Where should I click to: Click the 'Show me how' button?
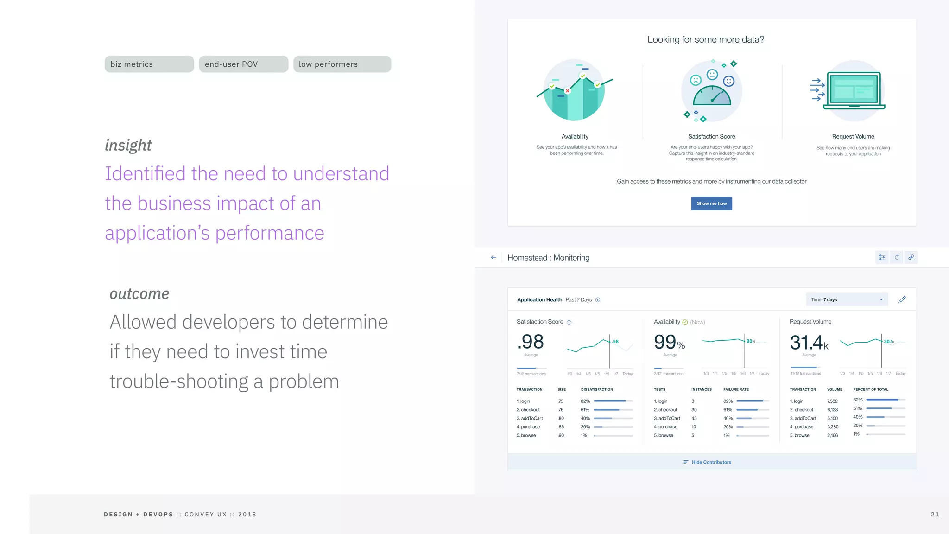coord(711,203)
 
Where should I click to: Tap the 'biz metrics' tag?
coord(149,64)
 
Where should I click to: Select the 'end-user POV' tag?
coord(243,64)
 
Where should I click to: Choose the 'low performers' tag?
coord(342,64)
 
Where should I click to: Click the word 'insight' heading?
coord(128,145)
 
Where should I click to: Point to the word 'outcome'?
coord(139,294)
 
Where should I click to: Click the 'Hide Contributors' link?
coord(711,462)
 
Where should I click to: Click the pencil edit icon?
coord(902,299)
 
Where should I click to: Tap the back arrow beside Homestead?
coord(493,257)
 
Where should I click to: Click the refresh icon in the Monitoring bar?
coord(897,257)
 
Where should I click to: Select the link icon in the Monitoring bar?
coord(911,257)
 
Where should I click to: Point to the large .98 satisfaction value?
coord(531,342)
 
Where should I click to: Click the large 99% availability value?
coord(669,343)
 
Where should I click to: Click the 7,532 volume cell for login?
coord(832,401)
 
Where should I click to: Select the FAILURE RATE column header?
coord(736,389)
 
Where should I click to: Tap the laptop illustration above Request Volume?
coord(854,90)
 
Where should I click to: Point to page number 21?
coord(935,515)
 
